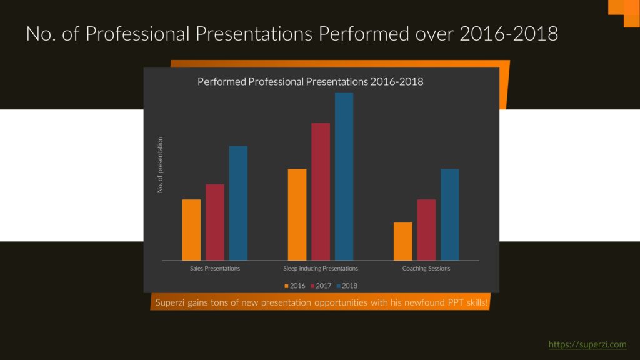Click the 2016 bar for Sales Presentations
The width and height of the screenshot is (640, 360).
[191, 230]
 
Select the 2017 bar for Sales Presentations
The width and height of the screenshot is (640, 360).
[215, 222]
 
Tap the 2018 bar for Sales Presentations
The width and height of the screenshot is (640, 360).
[238, 203]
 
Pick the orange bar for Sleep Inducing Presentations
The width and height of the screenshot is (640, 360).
[297, 215]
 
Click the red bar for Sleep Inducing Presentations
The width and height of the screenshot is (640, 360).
[321, 191]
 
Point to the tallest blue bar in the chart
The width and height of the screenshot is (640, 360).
[344, 176]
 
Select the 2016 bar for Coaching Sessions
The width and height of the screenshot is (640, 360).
[403, 241]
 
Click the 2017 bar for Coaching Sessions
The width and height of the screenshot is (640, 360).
[426, 230]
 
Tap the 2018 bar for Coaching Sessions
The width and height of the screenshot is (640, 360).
[450, 215]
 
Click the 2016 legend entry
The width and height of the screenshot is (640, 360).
[295, 286]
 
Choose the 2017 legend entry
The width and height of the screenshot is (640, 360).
[321, 286]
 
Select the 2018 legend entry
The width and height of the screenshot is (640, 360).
[347, 286]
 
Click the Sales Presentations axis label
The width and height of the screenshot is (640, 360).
[215, 268]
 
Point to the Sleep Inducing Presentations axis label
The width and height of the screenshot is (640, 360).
[321, 268]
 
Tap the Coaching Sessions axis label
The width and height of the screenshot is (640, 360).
[426, 268]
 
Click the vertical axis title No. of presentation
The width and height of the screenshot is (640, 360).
[160, 165]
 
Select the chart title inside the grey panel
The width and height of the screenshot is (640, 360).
[310, 82]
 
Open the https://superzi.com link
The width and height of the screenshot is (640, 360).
[587, 344]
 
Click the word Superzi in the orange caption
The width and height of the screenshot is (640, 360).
[170, 303]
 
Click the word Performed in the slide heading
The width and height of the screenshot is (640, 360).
[364, 34]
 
